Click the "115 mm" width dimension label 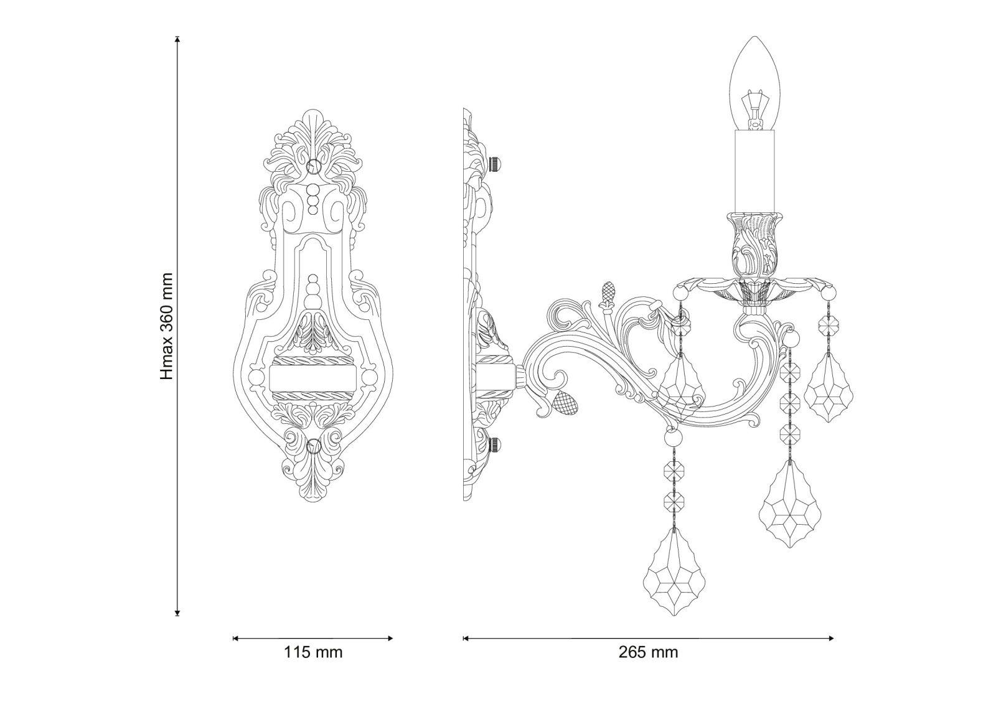coord(313,652)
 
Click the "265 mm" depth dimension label coord(648,652)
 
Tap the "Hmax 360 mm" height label coord(166,326)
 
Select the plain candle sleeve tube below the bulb coord(755,171)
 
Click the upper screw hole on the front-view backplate coord(314,166)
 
